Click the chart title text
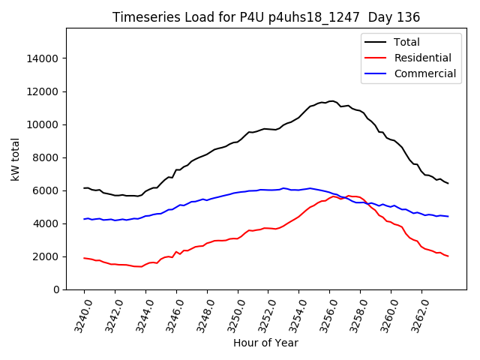click(x=266, y=17)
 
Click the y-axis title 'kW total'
click(x=16, y=159)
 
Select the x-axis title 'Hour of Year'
click(x=265, y=343)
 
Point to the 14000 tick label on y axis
click(x=43, y=58)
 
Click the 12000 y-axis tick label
click(x=43, y=91)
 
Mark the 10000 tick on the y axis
click(x=43, y=124)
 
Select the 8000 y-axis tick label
click(x=46, y=157)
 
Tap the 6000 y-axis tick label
click(x=46, y=190)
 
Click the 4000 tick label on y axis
click(x=46, y=223)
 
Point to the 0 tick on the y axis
click(x=56, y=289)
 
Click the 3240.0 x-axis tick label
click(x=79, y=315)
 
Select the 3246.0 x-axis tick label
click(x=171, y=315)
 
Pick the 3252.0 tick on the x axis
click(x=262, y=315)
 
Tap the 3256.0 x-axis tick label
click(x=324, y=315)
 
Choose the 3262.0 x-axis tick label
click(x=415, y=315)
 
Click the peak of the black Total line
click(x=331, y=100)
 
